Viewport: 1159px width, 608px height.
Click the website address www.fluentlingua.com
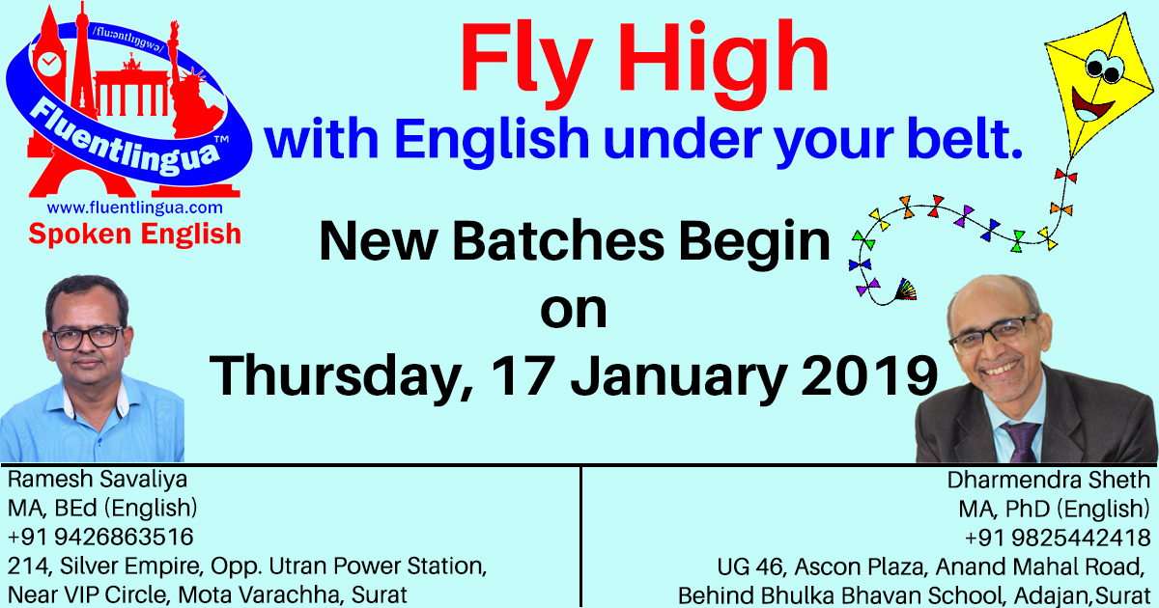point(134,207)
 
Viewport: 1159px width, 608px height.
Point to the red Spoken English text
point(134,235)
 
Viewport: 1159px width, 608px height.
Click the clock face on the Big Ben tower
point(49,64)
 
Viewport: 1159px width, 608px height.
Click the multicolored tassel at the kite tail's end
point(906,290)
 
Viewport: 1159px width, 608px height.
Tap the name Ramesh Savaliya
point(98,480)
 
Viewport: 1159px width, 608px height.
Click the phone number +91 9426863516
point(100,537)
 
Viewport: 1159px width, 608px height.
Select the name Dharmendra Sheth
point(1048,481)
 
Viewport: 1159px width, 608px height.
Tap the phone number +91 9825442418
point(1057,538)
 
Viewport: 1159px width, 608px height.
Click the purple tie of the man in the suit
point(1022,442)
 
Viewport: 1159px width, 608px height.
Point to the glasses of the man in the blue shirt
point(87,338)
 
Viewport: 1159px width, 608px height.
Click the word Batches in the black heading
point(558,241)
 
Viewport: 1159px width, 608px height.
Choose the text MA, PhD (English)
point(1054,509)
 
